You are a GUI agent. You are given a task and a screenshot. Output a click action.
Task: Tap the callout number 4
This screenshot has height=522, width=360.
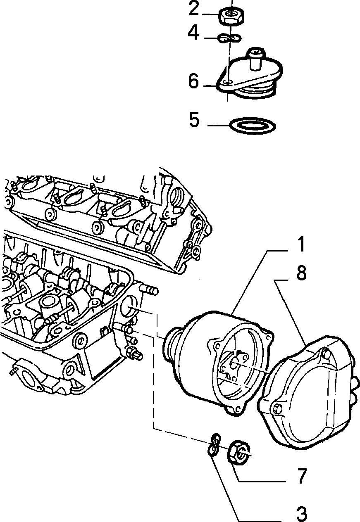tap(193, 33)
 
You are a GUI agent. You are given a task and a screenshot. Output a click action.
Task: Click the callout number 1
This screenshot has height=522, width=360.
tap(301, 244)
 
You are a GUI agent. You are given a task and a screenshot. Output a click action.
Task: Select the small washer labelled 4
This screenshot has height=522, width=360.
tap(230, 38)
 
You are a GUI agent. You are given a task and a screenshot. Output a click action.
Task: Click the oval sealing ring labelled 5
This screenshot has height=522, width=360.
tap(253, 126)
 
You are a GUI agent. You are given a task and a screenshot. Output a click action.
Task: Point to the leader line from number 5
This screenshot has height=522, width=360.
tap(219, 126)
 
